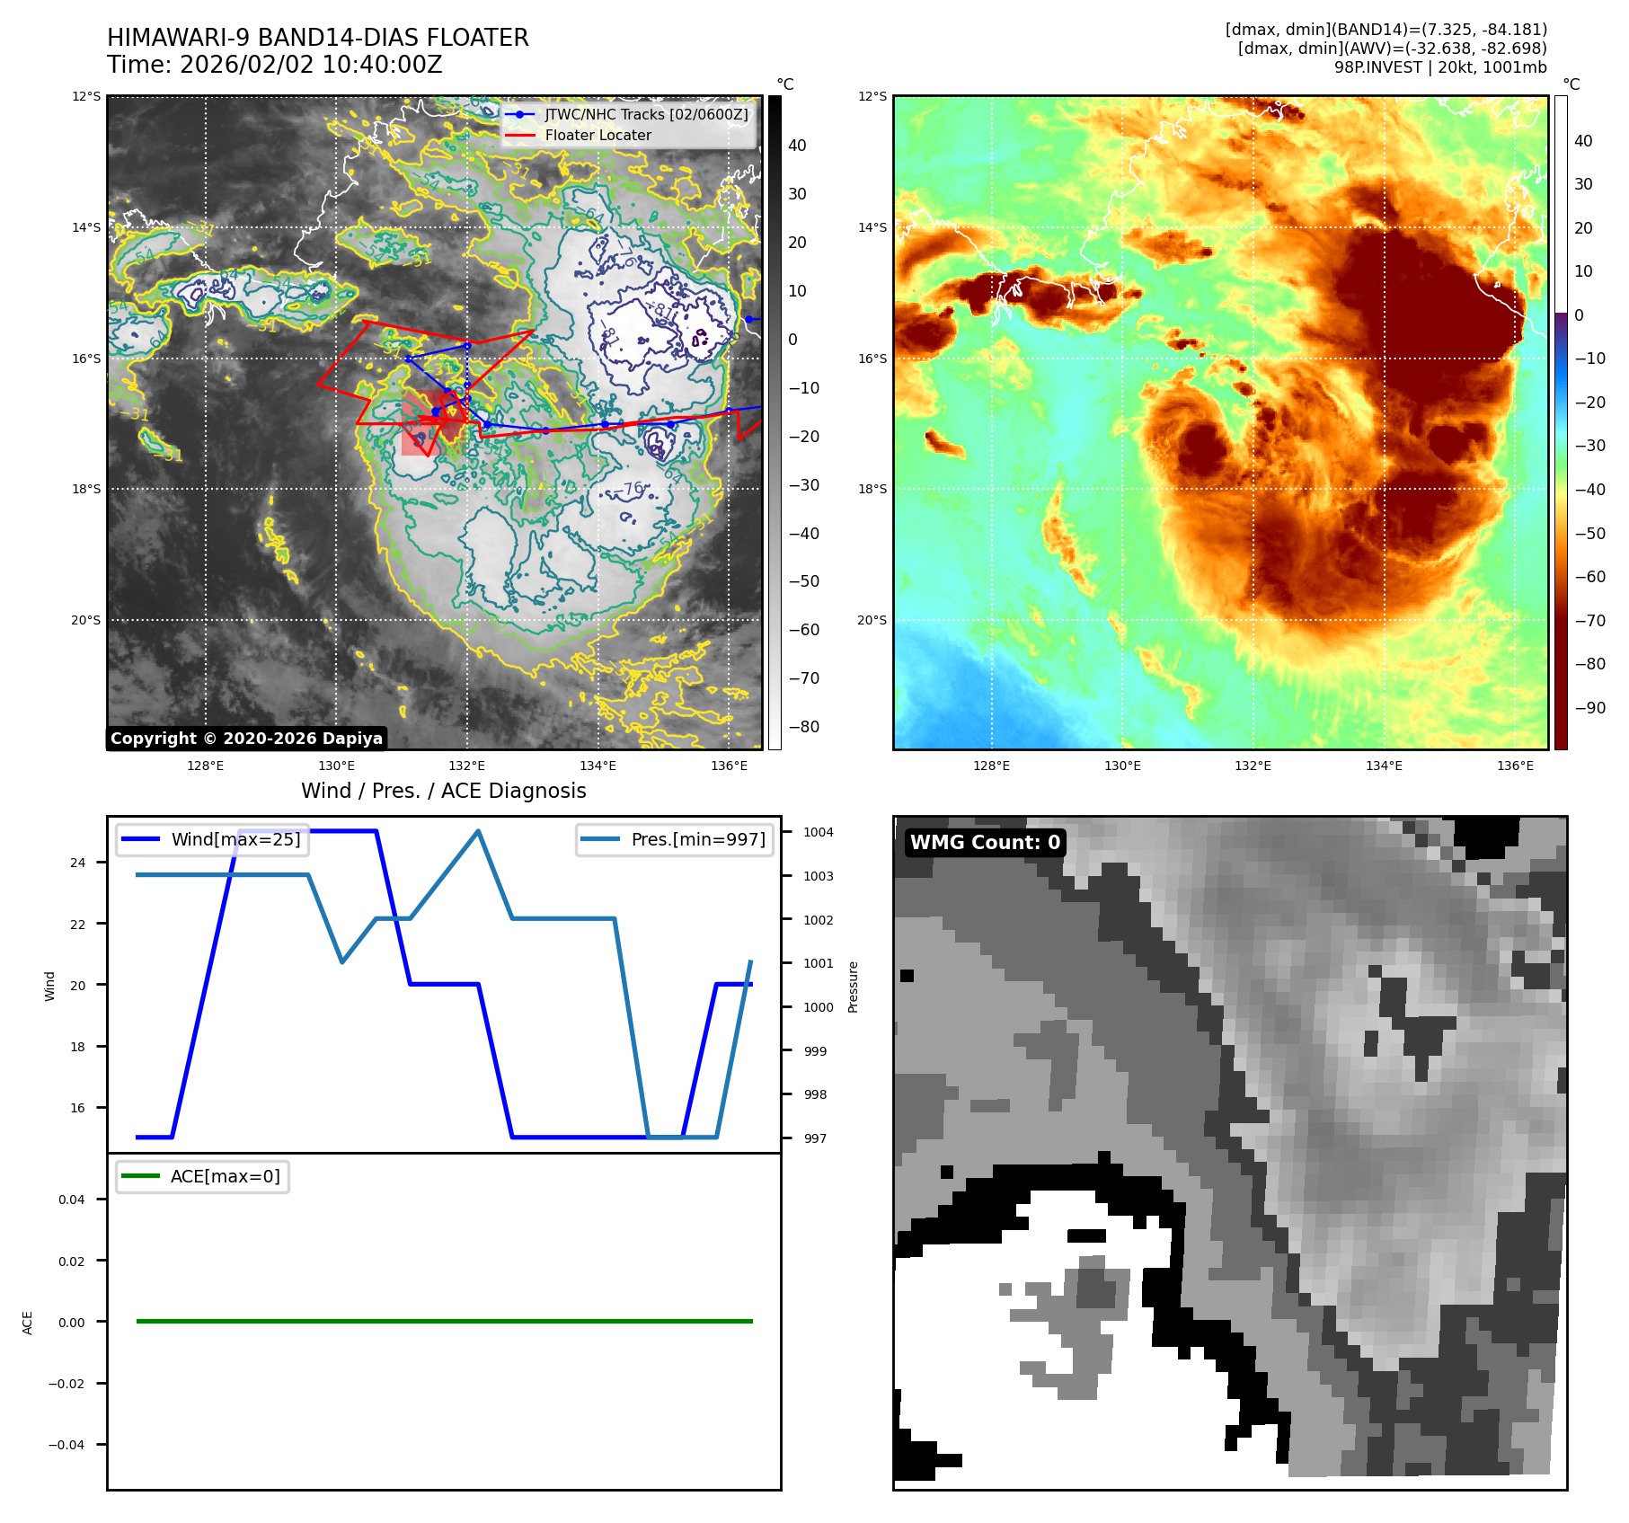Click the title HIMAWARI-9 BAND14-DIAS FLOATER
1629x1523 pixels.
point(317,38)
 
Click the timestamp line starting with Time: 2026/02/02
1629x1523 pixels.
point(274,65)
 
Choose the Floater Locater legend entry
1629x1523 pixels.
point(598,135)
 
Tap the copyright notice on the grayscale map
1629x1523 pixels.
point(246,739)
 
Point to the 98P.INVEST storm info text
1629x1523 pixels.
point(1439,67)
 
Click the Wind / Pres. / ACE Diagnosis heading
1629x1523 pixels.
point(443,791)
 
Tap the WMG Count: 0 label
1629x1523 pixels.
point(985,843)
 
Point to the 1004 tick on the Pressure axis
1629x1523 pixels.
point(818,832)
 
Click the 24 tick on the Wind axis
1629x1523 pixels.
point(78,863)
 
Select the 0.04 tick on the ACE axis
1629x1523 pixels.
point(72,1200)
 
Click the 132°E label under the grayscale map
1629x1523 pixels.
point(466,766)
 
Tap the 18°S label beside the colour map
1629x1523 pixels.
point(872,489)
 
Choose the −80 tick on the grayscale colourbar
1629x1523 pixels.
point(804,727)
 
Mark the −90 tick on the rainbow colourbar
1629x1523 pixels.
point(1589,708)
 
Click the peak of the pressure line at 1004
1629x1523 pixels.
point(478,831)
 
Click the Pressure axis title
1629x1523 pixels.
point(853,987)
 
